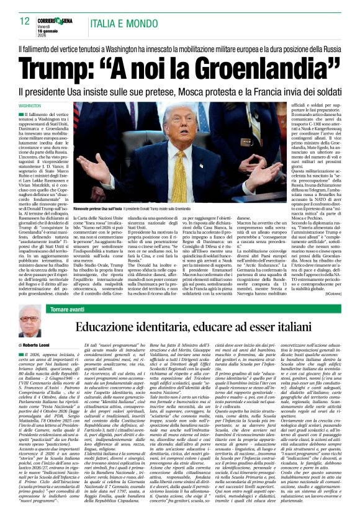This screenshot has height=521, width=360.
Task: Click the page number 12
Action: click(x=25, y=21)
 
